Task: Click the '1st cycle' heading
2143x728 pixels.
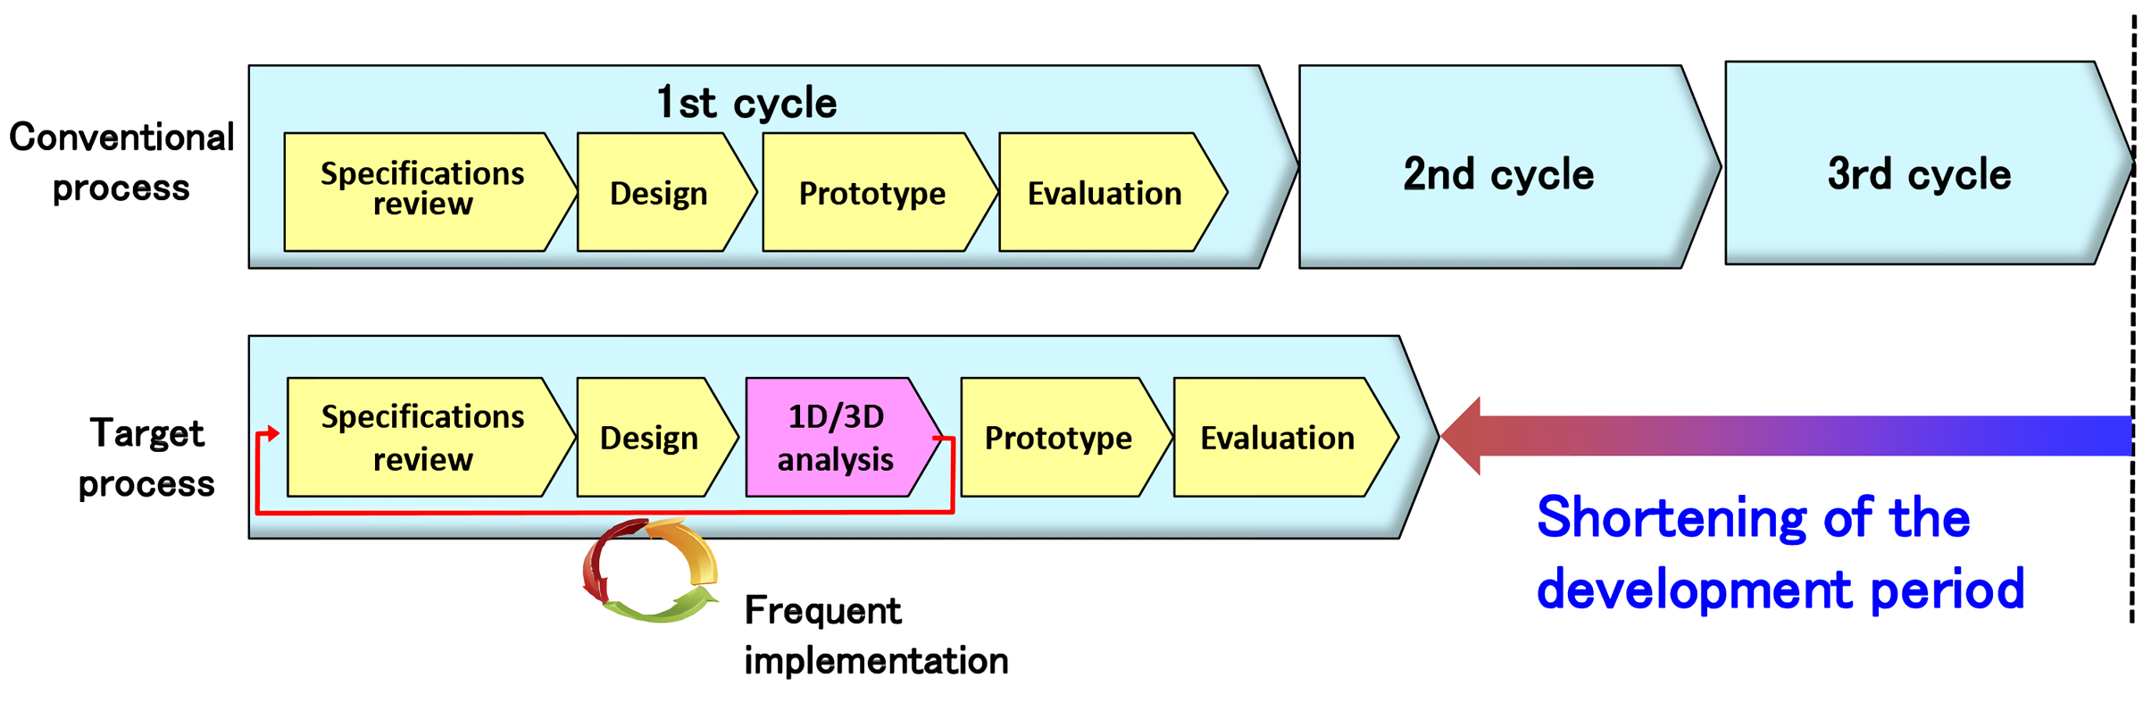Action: point(746,103)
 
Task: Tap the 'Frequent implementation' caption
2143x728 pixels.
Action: point(876,635)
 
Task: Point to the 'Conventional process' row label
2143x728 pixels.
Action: point(121,162)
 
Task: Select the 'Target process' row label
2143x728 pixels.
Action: point(146,457)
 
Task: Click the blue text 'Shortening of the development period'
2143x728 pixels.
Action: point(1780,553)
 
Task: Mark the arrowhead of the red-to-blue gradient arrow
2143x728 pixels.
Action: point(1461,436)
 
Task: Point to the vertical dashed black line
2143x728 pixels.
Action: point(2133,317)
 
